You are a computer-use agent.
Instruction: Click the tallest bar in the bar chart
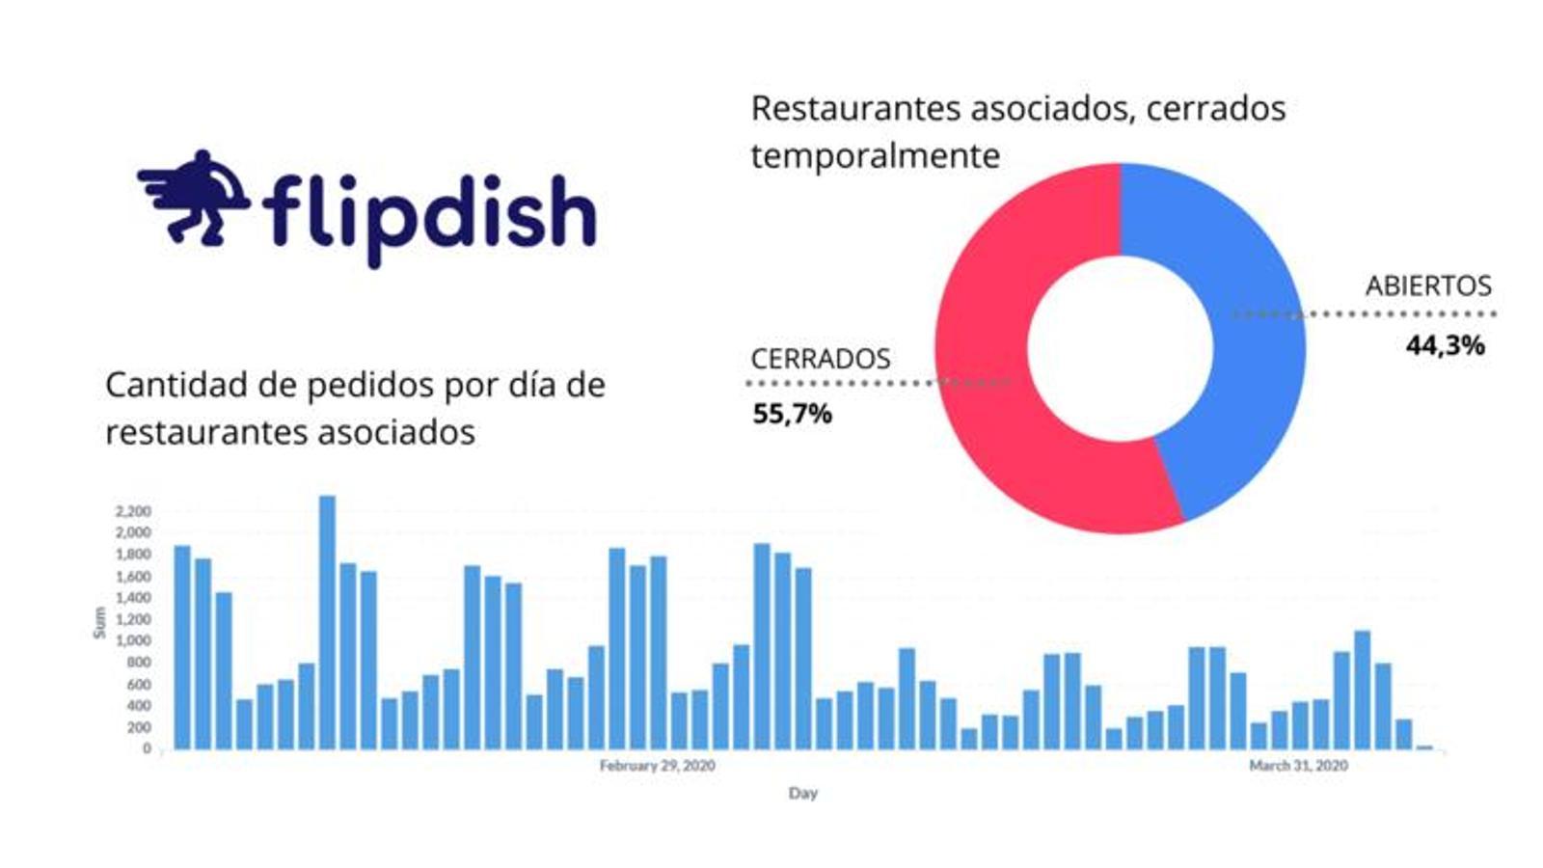(x=327, y=622)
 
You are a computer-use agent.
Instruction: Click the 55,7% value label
(x=792, y=414)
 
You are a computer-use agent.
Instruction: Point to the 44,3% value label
(x=1445, y=345)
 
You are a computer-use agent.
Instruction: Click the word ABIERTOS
(x=1427, y=286)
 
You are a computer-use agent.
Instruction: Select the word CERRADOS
(x=820, y=359)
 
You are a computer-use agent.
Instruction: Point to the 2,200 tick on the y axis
(x=133, y=511)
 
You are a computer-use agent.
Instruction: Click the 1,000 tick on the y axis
(x=133, y=640)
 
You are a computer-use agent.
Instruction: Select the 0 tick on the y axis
(x=147, y=748)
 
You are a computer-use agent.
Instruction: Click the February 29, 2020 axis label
(x=657, y=766)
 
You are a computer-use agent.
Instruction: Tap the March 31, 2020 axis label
(x=1298, y=766)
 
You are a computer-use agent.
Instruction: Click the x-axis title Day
(x=802, y=793)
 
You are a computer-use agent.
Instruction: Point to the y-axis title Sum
(x=99, y=622)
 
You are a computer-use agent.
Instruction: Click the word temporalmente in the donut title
(x=875, y=155)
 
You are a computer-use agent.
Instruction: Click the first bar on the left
(x=181, y=647)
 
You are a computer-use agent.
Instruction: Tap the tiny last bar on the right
(x=1424, y=746)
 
